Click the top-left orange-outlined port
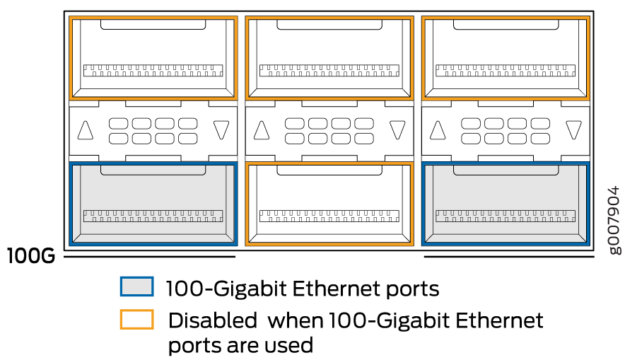point(153,57)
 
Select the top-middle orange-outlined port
point(329,57)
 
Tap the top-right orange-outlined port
point(505,57)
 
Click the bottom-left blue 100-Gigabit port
point(153,204)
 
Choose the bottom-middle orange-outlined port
point(329,204)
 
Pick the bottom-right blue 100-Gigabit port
point(505,204)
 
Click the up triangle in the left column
point(86,130)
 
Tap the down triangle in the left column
point(221,130)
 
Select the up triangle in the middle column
point(262,130)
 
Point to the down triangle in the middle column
point(397,130)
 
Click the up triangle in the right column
point(438,130)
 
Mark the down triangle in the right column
point(573,130)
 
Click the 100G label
point(31,256)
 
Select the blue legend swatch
point(136,286)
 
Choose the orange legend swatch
point(136,320)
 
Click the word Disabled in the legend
point(212,320)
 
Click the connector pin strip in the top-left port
point(153,71)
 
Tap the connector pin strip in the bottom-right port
point(505,216)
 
